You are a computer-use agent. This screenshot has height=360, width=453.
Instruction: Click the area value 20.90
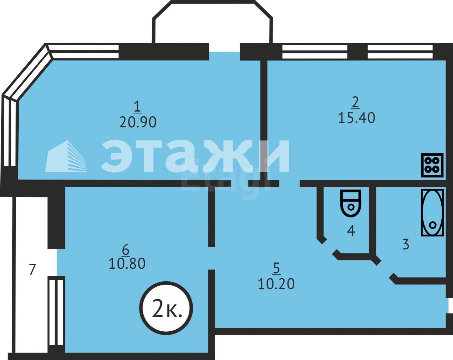(138, 122)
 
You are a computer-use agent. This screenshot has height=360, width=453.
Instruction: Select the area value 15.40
(357, 118)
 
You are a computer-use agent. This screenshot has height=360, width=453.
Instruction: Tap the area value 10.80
(127, 264)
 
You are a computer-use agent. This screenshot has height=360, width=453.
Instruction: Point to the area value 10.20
(276, 284)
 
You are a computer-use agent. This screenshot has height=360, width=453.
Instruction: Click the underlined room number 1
(137, 107)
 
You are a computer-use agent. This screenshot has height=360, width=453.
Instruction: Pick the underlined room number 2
(355, 102)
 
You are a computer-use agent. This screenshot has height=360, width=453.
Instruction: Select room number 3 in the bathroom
(406, 244)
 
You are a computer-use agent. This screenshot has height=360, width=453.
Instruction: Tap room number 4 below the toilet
(351, 231)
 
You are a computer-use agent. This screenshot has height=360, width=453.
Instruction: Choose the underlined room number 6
(126, 249)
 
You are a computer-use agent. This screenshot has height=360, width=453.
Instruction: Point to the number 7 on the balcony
(32, 269)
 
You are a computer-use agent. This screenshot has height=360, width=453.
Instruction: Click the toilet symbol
(351, 203)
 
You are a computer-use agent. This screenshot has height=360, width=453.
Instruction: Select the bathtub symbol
(432, 212)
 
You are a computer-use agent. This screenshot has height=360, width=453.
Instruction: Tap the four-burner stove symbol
(432, 165)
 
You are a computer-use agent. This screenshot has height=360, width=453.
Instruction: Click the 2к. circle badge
(166, 308)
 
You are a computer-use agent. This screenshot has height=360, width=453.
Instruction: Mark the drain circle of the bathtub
(433, 225)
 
